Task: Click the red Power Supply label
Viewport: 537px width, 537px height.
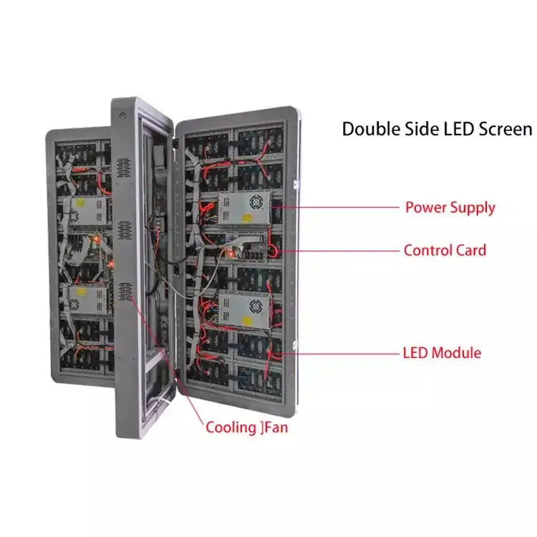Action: coord(450,208)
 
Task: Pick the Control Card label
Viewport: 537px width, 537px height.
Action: coord(445,251)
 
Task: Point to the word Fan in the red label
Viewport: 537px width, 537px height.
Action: coord(276,427)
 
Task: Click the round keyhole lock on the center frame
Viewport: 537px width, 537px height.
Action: coord(122,116)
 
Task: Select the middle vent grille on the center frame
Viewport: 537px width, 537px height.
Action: coord(125,230)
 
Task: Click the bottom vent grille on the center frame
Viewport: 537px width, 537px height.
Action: coord(125,292)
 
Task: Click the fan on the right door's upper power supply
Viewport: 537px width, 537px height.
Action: coord(256,202)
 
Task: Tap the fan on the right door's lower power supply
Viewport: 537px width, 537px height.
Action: coord(256,306)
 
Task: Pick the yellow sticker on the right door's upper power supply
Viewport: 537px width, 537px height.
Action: coord(247,218)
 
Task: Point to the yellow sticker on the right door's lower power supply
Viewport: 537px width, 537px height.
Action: coord(247,321)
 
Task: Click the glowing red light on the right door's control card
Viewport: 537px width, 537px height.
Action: coord(231,254)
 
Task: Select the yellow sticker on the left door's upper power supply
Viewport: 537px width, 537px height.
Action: coord(80,203)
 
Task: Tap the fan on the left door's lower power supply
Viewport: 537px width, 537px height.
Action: coord(73,304)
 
